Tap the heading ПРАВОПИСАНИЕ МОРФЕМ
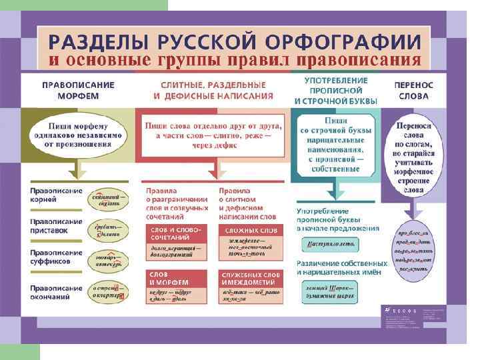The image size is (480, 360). [x=78, y=91]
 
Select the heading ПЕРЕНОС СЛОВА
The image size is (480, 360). [x=413, y=91]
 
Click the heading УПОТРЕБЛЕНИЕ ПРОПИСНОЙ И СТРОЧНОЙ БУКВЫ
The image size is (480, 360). [x=336, y=91]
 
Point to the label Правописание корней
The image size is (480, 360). [x=57, y=195]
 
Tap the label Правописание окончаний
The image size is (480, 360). [x=57, y=291]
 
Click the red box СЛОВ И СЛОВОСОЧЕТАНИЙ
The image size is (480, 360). [x=175, y=233]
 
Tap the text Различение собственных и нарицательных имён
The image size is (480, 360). [x=341, y=267]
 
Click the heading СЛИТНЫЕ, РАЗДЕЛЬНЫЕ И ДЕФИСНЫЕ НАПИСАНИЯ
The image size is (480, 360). [x=213, y=91]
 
